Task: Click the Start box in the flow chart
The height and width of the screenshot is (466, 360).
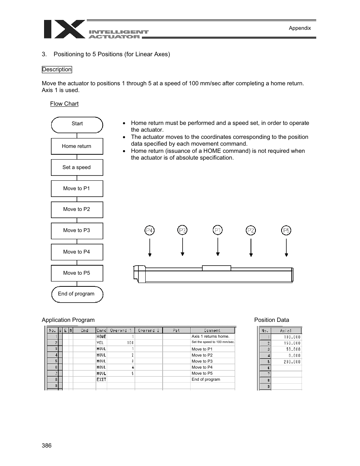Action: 77,125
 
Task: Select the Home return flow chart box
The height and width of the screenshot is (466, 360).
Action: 77,146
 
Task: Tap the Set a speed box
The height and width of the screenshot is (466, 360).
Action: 77,168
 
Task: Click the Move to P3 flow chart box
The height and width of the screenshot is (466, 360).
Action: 77,231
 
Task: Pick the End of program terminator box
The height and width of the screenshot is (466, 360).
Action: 77,294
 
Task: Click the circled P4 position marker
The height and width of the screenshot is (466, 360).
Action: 150,230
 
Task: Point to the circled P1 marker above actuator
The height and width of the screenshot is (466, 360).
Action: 218,230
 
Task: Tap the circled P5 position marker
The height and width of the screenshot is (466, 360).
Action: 286,230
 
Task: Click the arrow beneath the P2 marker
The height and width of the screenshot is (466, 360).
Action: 251,248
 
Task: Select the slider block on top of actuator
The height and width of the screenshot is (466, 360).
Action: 216,268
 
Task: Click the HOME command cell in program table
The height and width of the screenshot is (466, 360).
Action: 102,337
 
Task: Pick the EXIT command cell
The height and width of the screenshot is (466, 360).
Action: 102,380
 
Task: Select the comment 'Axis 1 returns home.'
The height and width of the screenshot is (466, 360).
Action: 210,336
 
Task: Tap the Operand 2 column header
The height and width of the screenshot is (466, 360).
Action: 148,331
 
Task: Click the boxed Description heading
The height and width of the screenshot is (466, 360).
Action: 57,69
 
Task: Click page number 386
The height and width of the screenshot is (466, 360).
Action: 47,446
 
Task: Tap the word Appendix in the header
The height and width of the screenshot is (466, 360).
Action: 300,28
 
